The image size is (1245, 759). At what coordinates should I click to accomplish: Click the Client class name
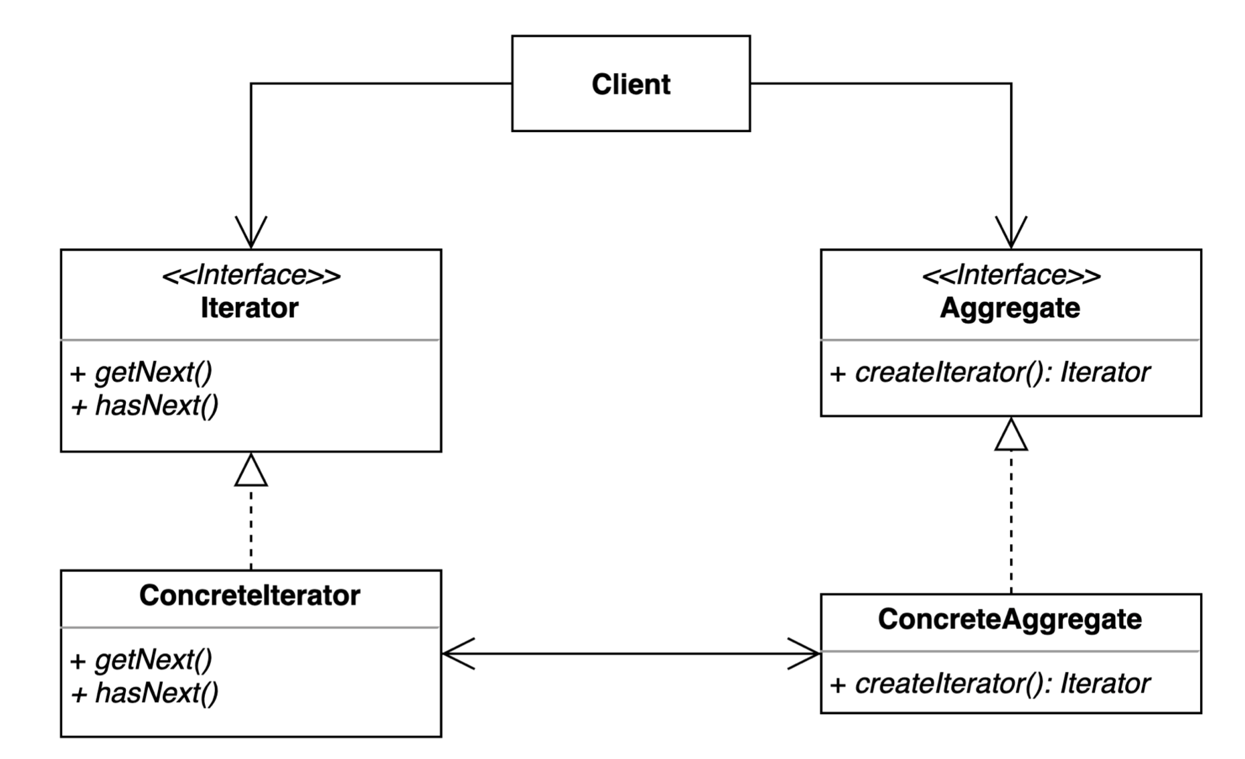coord(630,84)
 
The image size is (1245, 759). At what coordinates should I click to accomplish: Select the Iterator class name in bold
coord(250,308)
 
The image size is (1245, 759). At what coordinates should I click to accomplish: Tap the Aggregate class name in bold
coord(1010,308)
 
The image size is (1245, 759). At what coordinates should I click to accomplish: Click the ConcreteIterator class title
coord(250,596)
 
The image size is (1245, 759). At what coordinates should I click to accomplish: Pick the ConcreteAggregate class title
coord(1010,619)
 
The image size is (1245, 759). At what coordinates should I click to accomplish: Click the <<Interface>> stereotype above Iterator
coord(251,275)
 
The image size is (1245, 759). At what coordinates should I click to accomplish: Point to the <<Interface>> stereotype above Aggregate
coord(1011,275)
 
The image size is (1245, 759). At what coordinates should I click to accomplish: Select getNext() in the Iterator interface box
coord(153,372)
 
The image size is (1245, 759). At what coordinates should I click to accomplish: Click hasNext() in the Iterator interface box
coord(157,405)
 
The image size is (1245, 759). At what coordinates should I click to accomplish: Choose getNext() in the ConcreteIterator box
coord(153,661)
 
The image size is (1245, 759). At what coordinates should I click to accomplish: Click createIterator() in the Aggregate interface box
coord(951,372)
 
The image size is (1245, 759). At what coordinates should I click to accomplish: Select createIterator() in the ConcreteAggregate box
coord(951,684)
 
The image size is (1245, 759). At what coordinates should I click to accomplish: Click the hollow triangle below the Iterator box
coord(251,471)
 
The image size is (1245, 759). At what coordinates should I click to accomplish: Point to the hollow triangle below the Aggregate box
coord(1011,435)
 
